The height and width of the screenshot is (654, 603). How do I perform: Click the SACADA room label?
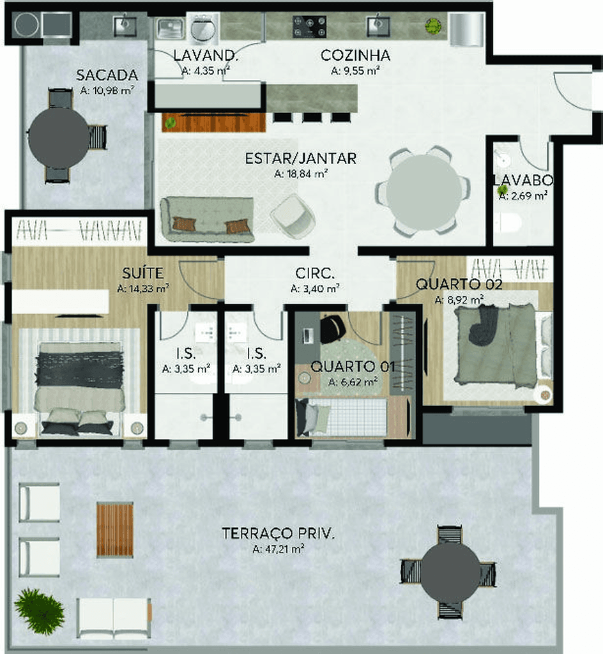107,75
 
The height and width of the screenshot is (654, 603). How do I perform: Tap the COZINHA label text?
355,56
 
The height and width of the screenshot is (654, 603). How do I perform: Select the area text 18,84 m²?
301,174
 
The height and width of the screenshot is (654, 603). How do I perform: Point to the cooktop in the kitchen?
309,27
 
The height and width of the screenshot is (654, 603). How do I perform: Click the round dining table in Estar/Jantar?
424,192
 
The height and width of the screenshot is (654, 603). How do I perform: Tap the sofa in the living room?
207,220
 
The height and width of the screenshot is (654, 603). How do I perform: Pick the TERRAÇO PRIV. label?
278,533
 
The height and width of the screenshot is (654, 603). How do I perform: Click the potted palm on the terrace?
39,611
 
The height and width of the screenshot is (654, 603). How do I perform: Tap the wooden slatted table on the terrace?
115,530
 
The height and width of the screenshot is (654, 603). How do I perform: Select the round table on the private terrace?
450,573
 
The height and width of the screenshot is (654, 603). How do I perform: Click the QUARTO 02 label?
459,284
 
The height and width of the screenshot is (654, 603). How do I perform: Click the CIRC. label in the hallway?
315,273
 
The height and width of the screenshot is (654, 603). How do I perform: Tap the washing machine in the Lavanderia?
203,28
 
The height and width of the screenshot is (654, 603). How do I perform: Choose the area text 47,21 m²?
278,549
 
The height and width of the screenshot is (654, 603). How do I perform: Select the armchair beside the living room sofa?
293,216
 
